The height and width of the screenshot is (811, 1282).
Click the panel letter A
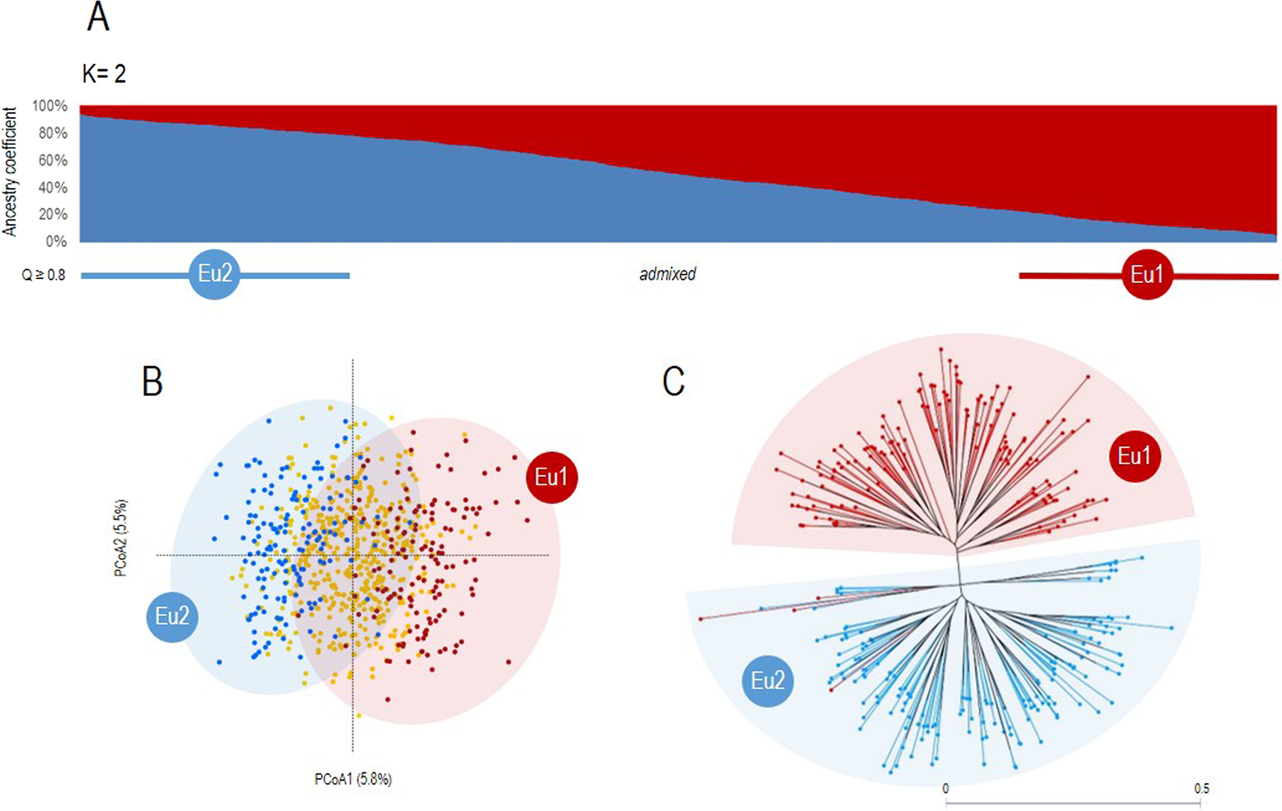coord(98,17)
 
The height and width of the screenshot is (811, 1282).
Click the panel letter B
coord(152,381)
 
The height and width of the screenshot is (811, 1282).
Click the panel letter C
coord(673,381)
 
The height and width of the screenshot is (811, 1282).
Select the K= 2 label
coord(104,74)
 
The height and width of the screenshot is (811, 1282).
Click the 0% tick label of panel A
coord(57,242)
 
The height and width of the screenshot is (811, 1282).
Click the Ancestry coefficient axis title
coord(9,172)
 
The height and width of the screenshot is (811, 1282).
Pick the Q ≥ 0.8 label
coord(44,274)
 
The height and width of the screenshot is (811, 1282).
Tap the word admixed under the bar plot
coord(668,274)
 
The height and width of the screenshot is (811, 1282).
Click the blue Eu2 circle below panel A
coord(215,274)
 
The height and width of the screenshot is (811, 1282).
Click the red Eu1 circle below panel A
coord(1146,274)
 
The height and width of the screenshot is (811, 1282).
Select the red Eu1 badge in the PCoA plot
coord(552,477)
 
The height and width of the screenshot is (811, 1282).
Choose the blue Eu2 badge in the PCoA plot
coord(172,617)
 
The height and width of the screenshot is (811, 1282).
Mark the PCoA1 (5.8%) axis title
coord(353,779)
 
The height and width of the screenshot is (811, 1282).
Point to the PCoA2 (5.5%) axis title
coord(121,538)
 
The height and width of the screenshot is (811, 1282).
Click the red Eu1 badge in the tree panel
coord(1135,456)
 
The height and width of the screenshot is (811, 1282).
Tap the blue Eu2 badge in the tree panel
coord(768,682)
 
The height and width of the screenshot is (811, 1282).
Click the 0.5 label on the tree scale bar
coord(1202,788)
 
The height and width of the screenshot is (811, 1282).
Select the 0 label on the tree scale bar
coord(945,788)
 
